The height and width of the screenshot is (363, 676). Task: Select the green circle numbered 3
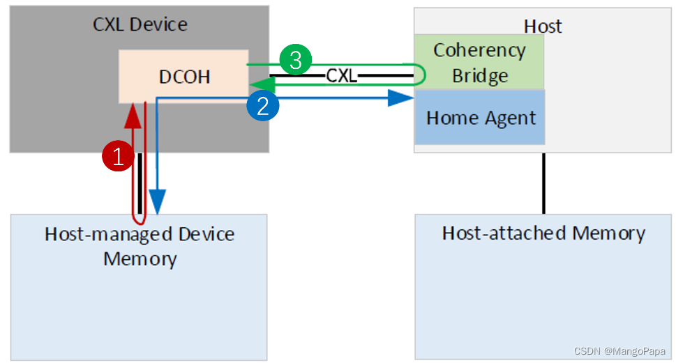295,61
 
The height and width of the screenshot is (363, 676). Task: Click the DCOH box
184,76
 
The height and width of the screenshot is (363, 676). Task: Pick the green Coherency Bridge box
479,62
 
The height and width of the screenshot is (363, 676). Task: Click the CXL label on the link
342,75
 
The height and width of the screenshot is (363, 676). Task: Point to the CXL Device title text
140,24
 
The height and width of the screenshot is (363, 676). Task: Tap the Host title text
543,26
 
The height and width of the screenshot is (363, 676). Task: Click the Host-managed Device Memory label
140,246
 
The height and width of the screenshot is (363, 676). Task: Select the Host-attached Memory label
543,233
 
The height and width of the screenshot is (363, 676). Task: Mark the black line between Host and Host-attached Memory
543,183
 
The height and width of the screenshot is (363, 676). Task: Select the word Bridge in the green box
480,75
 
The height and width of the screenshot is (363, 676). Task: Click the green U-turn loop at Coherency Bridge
421,74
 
